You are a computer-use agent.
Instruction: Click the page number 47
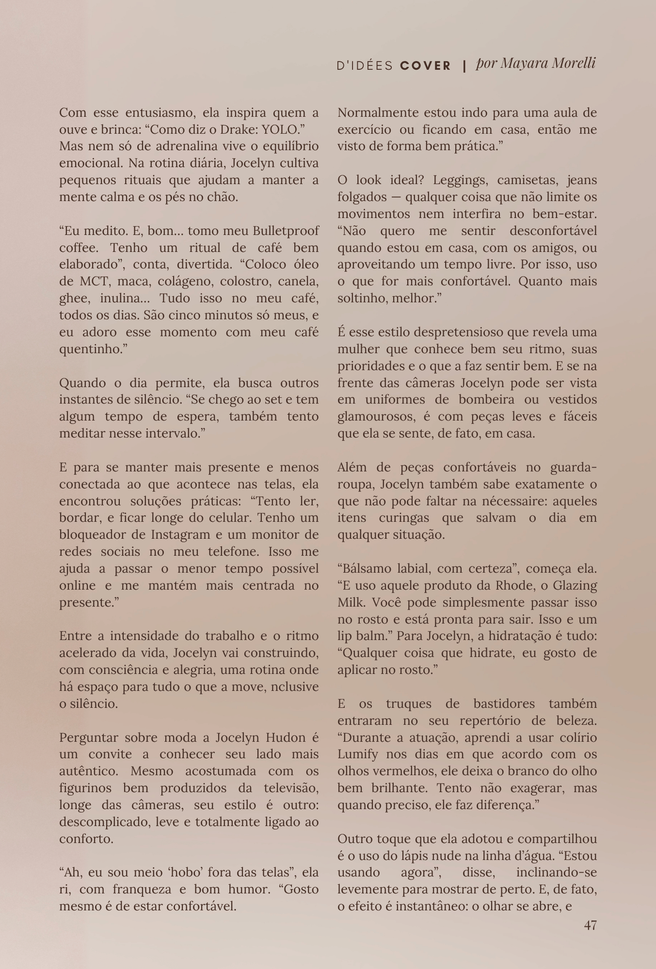coord(590,925)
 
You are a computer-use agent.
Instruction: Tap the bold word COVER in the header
coord(425,65)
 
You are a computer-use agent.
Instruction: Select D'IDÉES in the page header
coord(365,65)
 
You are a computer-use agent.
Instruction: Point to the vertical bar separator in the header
coord(464,65)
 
